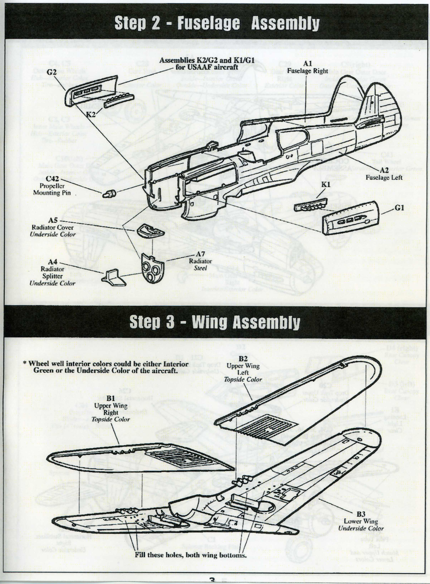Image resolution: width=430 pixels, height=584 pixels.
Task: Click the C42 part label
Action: [x=52, y=179]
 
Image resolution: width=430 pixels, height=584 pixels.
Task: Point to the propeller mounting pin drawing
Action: [x=110, y=194]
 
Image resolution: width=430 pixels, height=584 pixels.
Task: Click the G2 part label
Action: [x=52, y=72]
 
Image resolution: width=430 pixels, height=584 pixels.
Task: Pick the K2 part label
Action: [x=91, y=114]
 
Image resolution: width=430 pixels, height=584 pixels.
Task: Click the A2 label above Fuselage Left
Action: [x=384, y=171]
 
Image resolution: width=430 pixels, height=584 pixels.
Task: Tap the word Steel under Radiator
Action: [x=200, y=268]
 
